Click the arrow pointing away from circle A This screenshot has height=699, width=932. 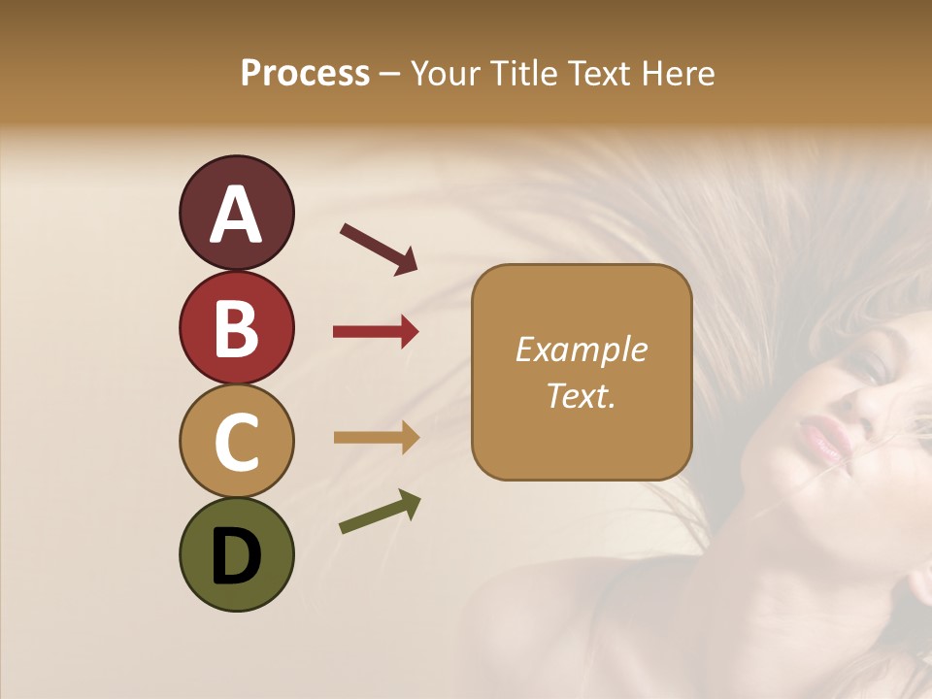click(378, 249)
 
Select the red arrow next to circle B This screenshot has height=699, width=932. click(376, 332)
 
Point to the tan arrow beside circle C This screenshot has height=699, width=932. click(376, 438)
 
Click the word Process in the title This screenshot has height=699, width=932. click(305, 74)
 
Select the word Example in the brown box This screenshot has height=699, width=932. click(581, 349)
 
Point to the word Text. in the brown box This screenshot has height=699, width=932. click(581, 395)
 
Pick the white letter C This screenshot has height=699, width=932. click(236, 442)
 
